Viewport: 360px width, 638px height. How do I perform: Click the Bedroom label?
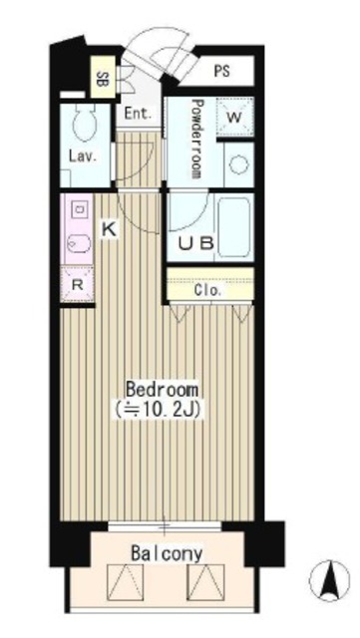tap(163, 390)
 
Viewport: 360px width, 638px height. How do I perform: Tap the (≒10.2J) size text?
tap(158, 410)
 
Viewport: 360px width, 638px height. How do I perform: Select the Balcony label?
tap(167, 554)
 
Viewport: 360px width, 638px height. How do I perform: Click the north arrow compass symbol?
tap(329, 580)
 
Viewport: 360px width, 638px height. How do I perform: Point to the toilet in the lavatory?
tap(85, 121)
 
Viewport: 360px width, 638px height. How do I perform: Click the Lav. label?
tap(82, 157)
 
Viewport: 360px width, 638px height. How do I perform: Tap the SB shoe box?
tap(103, 78)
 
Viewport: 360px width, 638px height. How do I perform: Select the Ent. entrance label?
tap(139, 113)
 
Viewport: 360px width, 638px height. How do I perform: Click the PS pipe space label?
tap(221, 71)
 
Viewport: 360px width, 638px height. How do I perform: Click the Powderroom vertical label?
tap(196, 139)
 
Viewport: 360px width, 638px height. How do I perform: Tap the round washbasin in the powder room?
tap(238, 164)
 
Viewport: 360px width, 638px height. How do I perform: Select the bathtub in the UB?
tap(233, 227)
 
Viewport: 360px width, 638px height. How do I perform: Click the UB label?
tap(195, 243)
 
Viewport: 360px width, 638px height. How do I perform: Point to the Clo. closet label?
tap(208, 290)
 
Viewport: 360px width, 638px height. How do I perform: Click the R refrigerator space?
tap(78, 284)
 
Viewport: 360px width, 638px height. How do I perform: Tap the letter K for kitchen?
tap(109, 229)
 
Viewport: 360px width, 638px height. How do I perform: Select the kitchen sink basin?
tap(79, 244)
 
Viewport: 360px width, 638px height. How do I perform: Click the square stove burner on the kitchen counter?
tap(78, 209)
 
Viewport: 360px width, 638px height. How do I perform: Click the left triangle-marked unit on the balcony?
tap(125, 582)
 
